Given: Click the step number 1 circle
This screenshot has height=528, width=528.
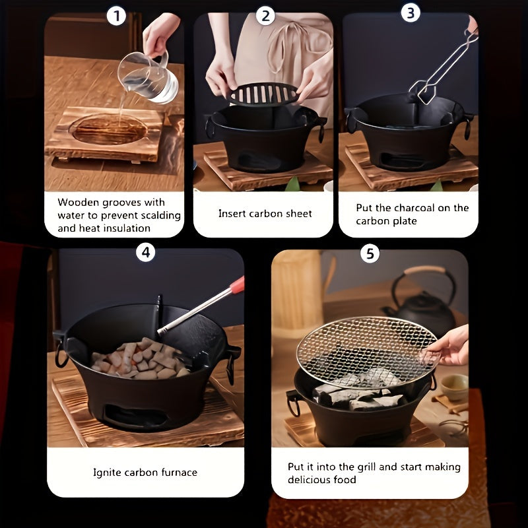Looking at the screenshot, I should (x=116, y=15).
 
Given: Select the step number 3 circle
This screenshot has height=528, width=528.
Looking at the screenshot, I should (x=411, y=12).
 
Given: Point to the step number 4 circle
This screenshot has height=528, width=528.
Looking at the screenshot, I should (x=145, y=253).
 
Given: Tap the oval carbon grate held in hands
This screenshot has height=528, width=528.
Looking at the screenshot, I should (x=263, y=94).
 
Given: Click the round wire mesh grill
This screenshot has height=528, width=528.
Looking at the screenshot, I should (x=366, y=350).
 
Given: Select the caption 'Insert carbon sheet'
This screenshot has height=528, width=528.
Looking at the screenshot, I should (x=265, y=214).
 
